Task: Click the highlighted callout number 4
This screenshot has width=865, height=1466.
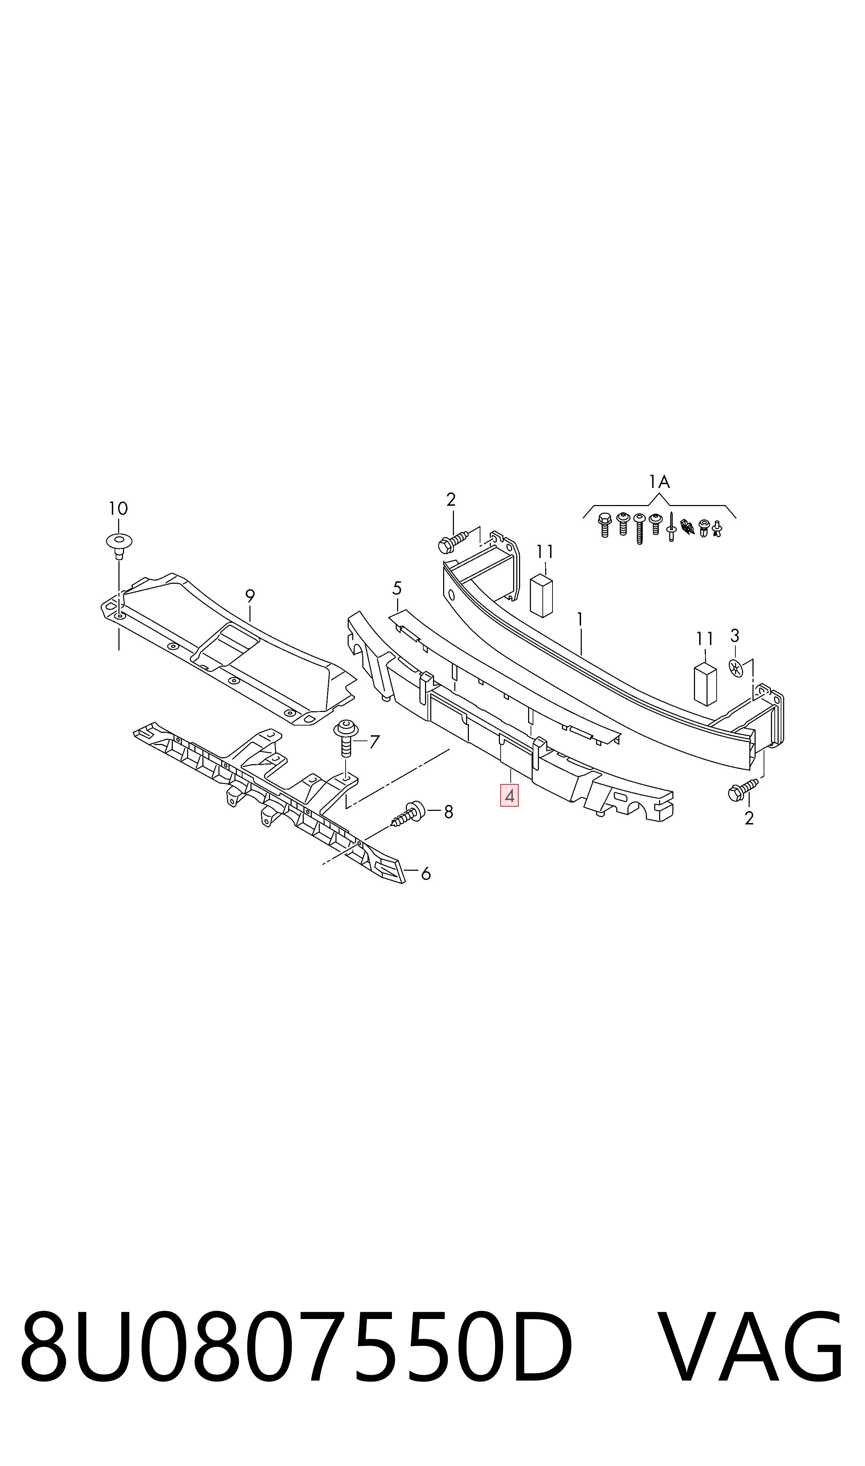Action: [509, 795]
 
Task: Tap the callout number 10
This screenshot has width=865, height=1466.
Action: [118, 509]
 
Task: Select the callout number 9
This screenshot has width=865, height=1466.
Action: [250, 596]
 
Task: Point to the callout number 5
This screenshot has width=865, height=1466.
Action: [397, 588]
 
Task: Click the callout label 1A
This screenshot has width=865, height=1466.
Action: [659, 482]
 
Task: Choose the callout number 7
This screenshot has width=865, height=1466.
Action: [374, 742]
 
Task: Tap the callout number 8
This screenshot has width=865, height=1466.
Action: [448, 812]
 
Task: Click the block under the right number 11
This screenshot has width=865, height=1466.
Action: [705, 684]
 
